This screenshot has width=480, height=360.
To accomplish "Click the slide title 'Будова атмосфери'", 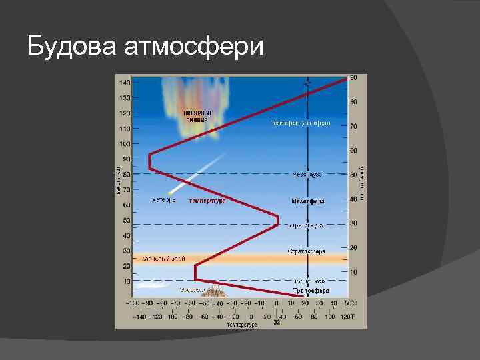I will tap(145, 47).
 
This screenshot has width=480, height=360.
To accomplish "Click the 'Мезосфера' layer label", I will tap(307, 201).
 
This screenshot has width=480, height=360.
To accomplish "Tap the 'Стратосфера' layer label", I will tap(307, 251).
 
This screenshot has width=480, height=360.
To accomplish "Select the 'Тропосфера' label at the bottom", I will tap(311, 291).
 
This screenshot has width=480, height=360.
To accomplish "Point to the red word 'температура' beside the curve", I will tap(207, 201).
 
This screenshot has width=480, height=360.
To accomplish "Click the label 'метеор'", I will tap(164, 200).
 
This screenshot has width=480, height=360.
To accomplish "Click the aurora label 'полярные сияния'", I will tap(198, 116).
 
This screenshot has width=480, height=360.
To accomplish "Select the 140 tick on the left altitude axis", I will tap(125, 83).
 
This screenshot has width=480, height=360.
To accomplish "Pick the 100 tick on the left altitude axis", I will tap(125, 144).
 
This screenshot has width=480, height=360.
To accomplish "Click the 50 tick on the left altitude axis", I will tap(126, 221).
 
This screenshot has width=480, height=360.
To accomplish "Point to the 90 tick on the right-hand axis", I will tap(354, 78).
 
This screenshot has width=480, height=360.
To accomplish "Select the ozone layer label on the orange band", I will tap(159, 257).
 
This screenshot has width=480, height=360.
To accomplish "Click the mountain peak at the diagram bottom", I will tap(215, 289).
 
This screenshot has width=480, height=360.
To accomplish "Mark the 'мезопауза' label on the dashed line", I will tap(307, 174).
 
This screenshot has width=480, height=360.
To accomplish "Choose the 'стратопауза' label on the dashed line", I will tap(307, 225).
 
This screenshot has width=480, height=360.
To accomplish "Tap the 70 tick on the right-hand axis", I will tap(354, 125).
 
